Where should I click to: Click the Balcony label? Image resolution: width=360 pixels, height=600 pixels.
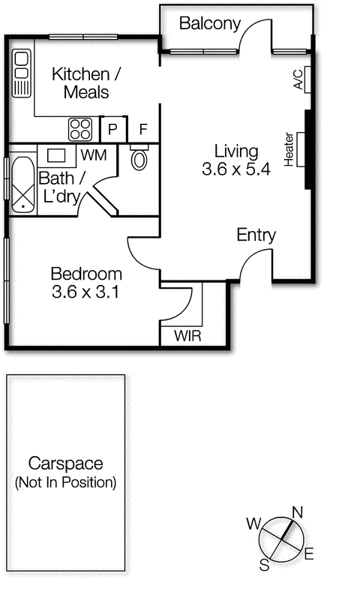(x=210, y=24)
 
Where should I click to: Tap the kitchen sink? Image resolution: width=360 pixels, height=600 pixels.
(x=22, y=73)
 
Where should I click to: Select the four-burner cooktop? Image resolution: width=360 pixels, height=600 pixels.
(x=80, y=129)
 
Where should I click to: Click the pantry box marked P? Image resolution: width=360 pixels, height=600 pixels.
(x=112, y=129)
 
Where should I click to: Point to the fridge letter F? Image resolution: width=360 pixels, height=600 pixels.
(x=143, y=130)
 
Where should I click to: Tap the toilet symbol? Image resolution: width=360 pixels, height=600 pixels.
(x=139, y=157)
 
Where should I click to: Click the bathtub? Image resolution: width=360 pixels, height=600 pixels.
(x=23, y=184)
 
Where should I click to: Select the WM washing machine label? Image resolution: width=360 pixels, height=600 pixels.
(x=94, y=155)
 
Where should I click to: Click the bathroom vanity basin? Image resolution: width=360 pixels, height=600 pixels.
(x=56, y=155)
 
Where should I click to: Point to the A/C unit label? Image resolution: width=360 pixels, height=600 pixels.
(x=298, y=79)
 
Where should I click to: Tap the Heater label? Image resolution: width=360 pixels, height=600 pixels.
(x=289, y=149)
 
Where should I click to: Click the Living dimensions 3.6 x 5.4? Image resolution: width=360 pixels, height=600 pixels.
(x=236, y=169)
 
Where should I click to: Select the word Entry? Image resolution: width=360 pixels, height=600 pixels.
(x=256, y=235)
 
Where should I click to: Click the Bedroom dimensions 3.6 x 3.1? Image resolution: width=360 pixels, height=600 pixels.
(x=85, y=292)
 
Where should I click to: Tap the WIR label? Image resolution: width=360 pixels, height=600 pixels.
(x=187, y=336)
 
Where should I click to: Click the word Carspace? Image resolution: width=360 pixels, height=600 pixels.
(x=66, y=463)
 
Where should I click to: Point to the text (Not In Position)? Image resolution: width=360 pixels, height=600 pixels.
(x=65, y=482)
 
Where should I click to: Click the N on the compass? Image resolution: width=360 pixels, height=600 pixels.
(x=297, y=512)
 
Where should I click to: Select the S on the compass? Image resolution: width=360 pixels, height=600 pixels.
(x=264, y=565)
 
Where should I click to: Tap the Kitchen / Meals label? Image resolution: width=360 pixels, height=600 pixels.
(x=86, y=83)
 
